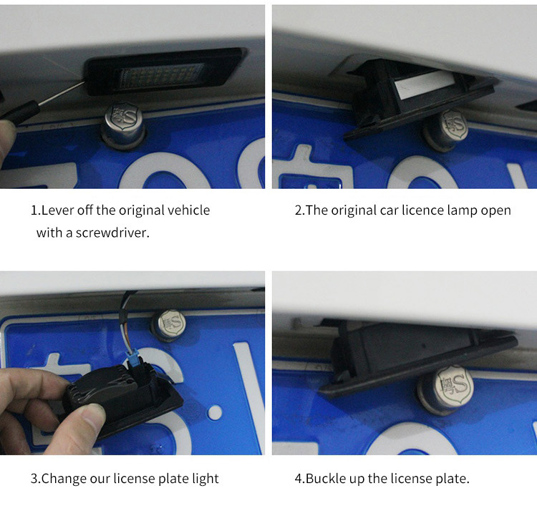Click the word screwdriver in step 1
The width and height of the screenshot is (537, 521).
pyautogui.click(x=112, y=233)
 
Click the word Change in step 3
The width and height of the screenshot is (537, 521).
pyautogui.click(x=63, y=479)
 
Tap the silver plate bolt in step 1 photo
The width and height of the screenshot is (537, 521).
pyautogui.click(x=123, y=126)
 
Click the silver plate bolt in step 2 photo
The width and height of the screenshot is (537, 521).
pyautogui.click(x=446, y=130)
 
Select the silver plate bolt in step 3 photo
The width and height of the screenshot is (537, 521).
pyautogui.click(x=169, y=325)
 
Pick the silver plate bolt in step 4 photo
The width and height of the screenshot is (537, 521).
pyautogui.click(x=445, y=389)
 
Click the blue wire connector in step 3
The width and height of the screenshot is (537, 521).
pyautogui.click(x=132, y=358)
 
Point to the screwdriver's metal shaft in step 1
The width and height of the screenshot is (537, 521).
pyautogui.click(x=62, y=92)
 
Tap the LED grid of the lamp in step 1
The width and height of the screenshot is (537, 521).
pyautogui.click(x=160, y=75)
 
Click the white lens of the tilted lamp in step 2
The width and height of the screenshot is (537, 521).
pyautogui.click(x=425, y=84)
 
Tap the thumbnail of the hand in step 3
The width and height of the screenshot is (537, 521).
pyautogui.click(x=93, y=416)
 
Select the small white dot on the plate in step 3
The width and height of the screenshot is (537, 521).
pyautogui.click(x=215, y=412)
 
